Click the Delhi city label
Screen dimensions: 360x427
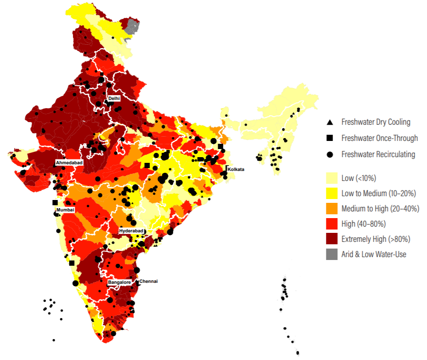[114, 98]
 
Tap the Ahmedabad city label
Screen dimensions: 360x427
[70, 163]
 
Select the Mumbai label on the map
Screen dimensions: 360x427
[65, 210]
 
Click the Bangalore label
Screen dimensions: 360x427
[119, 282]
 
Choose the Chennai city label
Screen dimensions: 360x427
[148, 281]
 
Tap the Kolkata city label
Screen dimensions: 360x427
[236, 169]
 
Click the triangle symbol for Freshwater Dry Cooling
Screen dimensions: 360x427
[329, 122]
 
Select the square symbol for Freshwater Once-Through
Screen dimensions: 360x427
[329, 138]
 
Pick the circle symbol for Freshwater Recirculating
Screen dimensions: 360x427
[329, 154]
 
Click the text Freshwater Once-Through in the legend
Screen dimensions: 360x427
[379, 138]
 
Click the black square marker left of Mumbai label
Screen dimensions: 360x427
[55, 202]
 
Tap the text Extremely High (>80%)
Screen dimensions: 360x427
[376, 239]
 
